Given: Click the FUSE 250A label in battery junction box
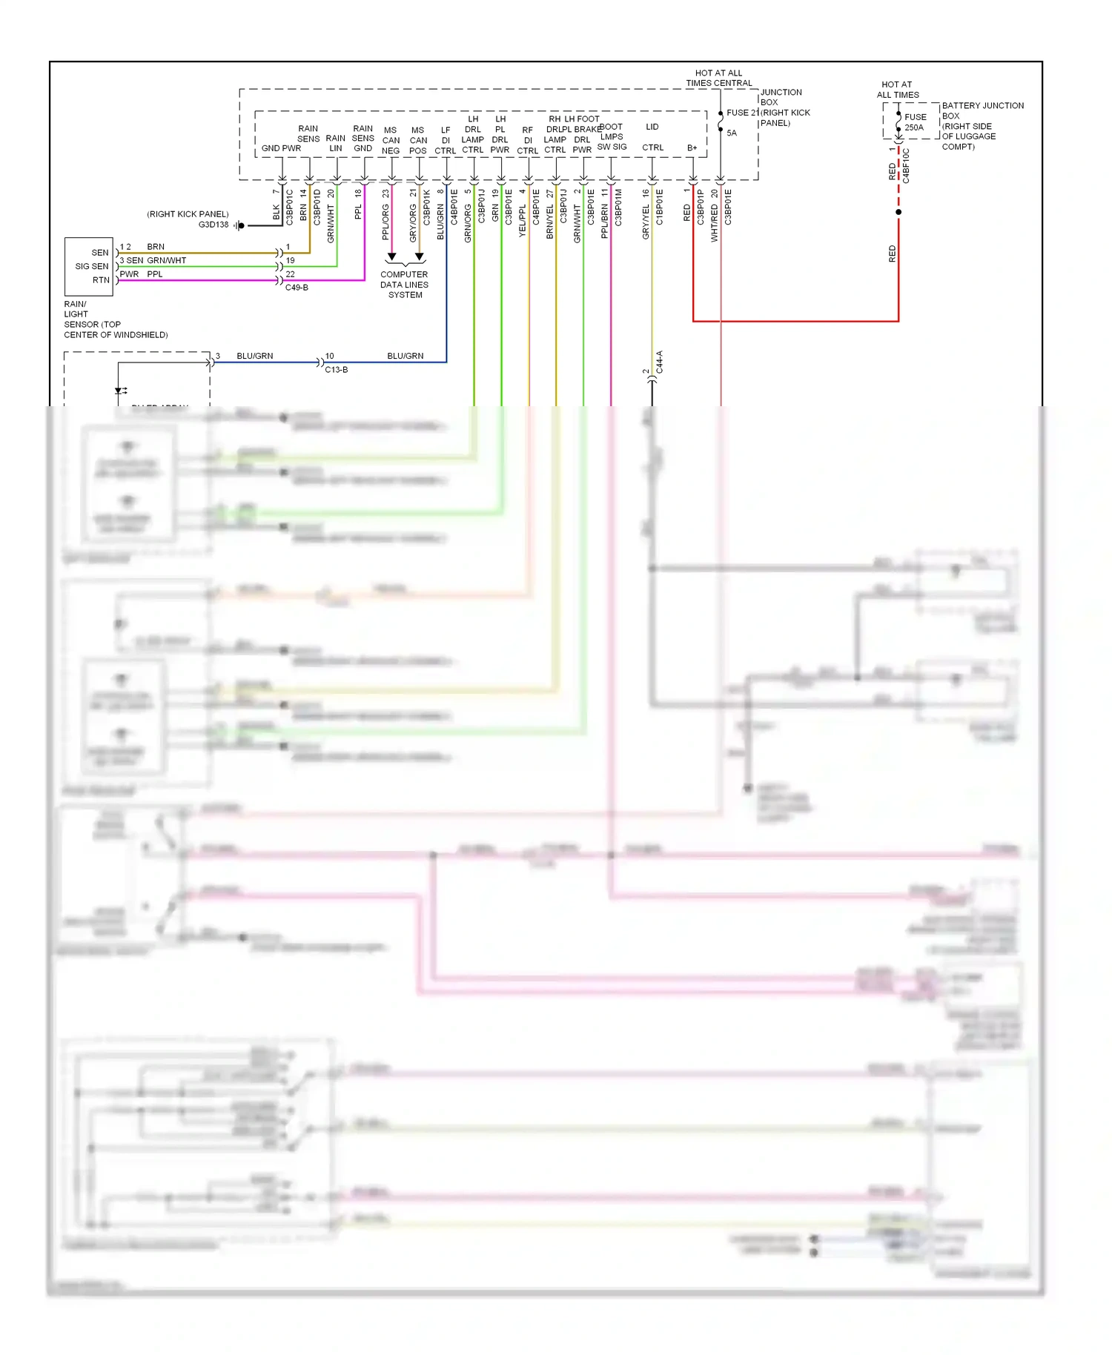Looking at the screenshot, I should pos(915,122).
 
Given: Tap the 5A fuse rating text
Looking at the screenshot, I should pos(732,133).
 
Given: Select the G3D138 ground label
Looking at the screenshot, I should pos(214,225).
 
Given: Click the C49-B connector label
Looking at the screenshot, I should pos(297,288).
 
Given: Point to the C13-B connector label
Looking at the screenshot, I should pos(336,370).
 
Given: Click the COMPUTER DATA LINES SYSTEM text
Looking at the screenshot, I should pos(404,285).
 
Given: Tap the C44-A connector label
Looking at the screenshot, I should pos(659,362).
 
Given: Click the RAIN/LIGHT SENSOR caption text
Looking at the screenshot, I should pos(115,319).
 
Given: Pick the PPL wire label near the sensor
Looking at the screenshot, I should pos(154,274).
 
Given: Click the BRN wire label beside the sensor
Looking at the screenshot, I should pos(156,247).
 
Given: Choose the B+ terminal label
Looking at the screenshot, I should pos(692,148).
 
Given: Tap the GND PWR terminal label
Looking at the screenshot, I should pos(281,148).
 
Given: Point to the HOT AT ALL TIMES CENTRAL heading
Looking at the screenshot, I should pos(718,79).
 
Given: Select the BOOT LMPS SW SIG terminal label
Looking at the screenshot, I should pos(612,137).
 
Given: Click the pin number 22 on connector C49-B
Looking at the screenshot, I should pos(290,274).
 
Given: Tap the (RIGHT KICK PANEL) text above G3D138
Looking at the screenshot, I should pos(188,214).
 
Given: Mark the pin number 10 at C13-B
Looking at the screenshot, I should pos(329,357).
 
